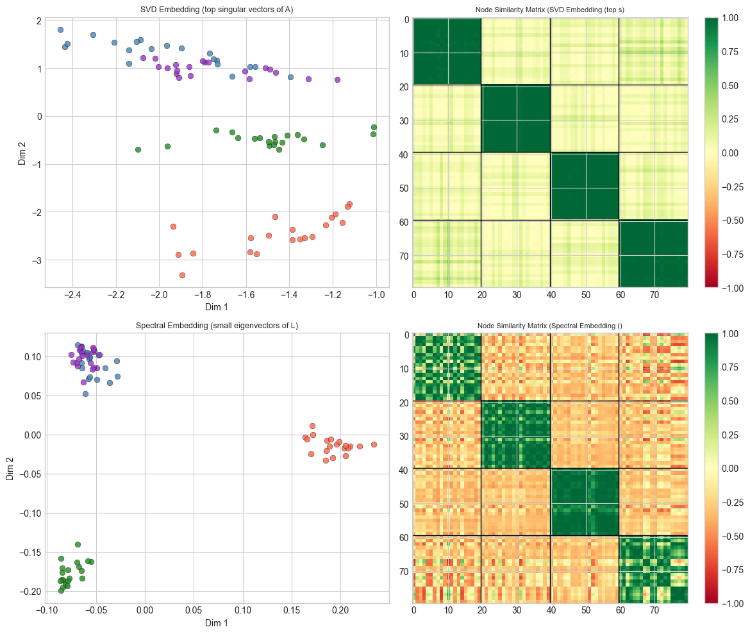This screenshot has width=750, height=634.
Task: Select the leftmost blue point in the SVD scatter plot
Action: coord(60,29)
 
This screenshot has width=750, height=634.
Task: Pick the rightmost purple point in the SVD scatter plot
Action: coord(337,79)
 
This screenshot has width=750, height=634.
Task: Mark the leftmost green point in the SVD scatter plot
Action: coord(138,149)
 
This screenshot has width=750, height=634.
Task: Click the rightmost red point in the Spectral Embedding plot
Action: coord(374,444)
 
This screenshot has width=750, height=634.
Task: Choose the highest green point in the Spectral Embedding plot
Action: coord(78,544)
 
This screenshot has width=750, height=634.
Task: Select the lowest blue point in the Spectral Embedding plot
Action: coord(85,394)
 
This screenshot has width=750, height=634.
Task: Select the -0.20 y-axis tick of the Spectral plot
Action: coord(29,591)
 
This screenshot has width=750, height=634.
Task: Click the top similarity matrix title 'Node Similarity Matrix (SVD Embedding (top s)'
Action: coord(550,10)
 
